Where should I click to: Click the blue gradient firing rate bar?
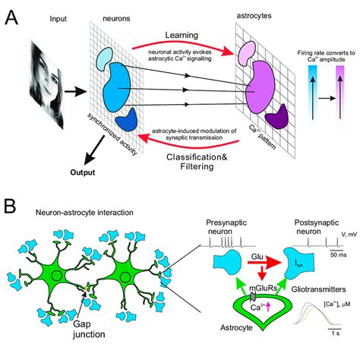point(310,99)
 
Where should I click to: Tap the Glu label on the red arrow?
point(242,258)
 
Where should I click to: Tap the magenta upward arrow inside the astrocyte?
point(250,305)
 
